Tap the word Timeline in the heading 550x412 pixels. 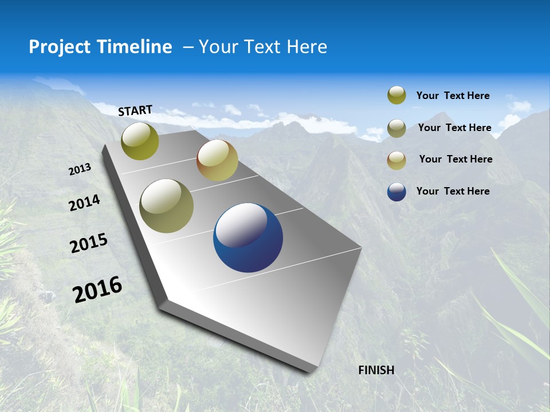tap(135, 47)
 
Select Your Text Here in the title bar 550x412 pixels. tap(262, 47)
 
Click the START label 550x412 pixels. tap(135, 110)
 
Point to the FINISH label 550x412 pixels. tap(376, 370)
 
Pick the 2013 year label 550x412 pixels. tap(80, 169)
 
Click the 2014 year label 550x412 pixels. tap(85, 203)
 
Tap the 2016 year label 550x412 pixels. tap(97, 289)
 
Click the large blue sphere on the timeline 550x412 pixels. tap(248, 237)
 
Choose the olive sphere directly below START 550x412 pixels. tap(140, 141)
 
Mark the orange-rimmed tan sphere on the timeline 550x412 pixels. tap(217, 160)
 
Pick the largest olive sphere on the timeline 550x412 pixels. tap(167, 206)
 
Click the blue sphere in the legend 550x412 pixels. tap(396, 192)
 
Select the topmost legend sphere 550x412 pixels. tap(396, 96)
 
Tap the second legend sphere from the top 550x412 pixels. tap(396, 128)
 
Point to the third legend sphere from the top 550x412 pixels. tap(396, 160)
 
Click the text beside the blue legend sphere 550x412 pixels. tap(453, 191)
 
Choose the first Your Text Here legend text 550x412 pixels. tap(453, 96)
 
